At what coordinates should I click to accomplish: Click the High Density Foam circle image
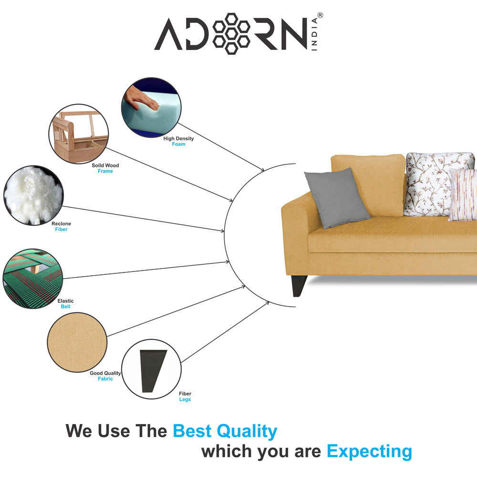click(151, 107)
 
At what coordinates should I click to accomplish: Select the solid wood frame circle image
click(79, 134)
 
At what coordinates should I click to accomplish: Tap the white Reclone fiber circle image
click(33, 195)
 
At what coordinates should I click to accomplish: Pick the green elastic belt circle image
click(33, 279)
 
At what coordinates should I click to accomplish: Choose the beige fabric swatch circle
click(77, 342)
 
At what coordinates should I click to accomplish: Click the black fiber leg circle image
click(151, 369)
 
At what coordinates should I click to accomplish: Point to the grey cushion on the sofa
click(337, 198)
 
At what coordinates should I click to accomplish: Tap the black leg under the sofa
click(299, 286)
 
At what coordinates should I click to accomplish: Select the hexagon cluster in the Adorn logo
click(231, 34)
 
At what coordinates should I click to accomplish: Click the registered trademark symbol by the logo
click(320, 15)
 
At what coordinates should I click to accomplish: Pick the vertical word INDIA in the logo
click(314, 34)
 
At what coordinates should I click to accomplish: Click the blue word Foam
click(178, 144)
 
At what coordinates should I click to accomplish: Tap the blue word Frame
click(105, 171)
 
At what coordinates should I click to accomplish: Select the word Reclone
click(61, 224)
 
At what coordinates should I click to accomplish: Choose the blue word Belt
click(65, 306)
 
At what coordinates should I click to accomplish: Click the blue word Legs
click(185, 399)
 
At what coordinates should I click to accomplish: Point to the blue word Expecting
click(369, 452)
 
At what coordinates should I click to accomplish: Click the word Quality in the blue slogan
click(247, 431)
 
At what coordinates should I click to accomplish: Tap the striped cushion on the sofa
click(462, 195)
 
